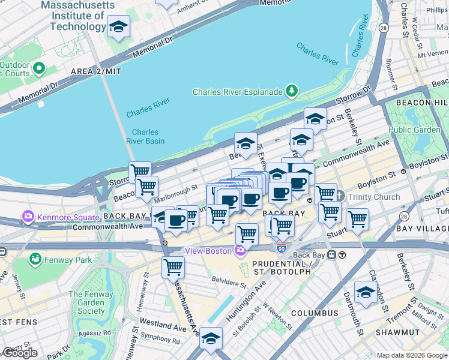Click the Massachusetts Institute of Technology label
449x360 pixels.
pyautogui.click(x=77, y=16)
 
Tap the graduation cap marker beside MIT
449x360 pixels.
pyautogui.click(x=118, y=26)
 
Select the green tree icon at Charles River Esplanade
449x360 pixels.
pyautogui.click(x=292, y=91)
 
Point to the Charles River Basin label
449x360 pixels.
pyautogui.click(x=145, y=137)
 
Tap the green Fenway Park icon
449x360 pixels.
pyautogui.click(x=35, y=259)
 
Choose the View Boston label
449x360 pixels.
pyautogui.click(x=208, y=251)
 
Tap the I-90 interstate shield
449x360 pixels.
pyautogui.click(x=282, y=247)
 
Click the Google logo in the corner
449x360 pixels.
pyautogui.click(x=20, y=353)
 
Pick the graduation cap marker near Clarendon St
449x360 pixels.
pyautogui.click(x=366, y=292)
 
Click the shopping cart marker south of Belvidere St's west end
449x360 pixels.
pyautogui.click(x=173, y=266)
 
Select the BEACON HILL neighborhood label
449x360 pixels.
pyautogui.click(x=420, y=103)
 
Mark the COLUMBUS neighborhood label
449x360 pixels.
pyautogui.click(x=315, y=313)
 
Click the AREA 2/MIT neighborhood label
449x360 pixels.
pyautogui.click(x=95, y=71)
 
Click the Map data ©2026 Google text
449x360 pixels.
pyautogui.click(x=411, y=355)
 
